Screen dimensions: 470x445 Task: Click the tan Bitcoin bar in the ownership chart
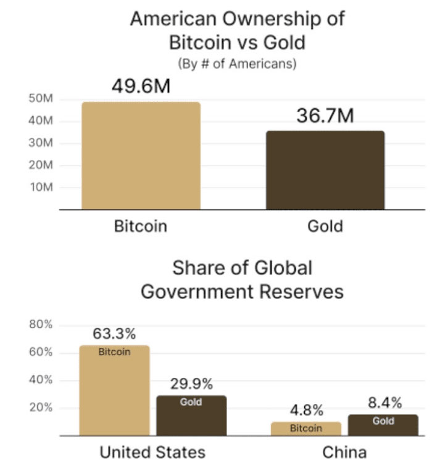[141, 156]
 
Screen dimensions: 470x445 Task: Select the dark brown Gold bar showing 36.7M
[325, 170]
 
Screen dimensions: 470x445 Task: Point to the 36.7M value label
[325, 115]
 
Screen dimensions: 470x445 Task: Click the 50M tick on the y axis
[41, 99]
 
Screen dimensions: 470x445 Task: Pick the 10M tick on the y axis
[41, 187]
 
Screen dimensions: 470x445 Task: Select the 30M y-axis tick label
[41, 143]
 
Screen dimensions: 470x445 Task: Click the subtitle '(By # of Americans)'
[237, 64]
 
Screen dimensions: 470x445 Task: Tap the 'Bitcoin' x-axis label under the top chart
[141, 226]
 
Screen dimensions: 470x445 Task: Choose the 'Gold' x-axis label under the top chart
[325, 226]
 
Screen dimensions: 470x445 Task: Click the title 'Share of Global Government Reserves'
[242, 279]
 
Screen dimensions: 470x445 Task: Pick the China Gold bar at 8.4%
[383, 425]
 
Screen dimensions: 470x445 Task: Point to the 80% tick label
[40, 325]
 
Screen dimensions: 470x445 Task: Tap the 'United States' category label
[152, 453]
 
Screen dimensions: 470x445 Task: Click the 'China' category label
[344, 453]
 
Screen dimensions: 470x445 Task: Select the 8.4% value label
[385, 403]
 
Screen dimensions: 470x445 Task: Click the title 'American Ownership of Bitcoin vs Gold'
[237, 31]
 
